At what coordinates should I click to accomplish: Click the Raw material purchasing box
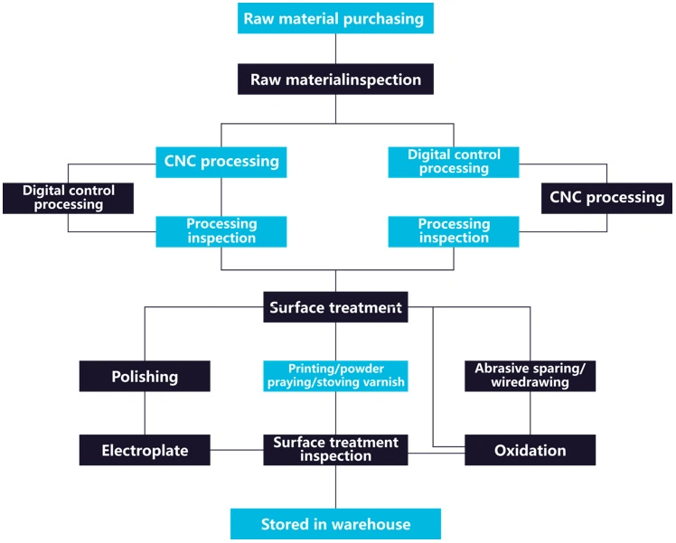[x=335, y=18]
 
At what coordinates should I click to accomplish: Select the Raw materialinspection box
[x=335, y=80]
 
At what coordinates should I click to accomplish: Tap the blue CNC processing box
[x=221, y=162]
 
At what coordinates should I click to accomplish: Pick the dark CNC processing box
[x=606, y=197]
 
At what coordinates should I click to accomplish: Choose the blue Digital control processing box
[x=454, y=162]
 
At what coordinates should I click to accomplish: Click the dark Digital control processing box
[x=68, y=198]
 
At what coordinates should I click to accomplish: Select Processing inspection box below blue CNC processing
[x=221, y=231]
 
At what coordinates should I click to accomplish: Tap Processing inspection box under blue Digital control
[x=454, y=231]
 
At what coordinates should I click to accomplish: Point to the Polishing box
[x=145, y=376]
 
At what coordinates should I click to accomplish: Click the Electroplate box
[x=145, y=450]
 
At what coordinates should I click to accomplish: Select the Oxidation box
[x=530, y=450]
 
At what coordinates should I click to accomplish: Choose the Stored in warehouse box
[x=335, y=524]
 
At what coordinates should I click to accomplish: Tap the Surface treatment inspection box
[x=335, y=450]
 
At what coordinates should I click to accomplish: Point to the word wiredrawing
[x=530, y=383]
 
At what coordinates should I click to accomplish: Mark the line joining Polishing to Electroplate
[x=145, y=413]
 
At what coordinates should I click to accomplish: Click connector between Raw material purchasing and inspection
[x=335, y=49]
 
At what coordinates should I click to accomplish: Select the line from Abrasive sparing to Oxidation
[x=530, y=413]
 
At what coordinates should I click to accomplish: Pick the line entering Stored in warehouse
[x=335, y=488]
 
